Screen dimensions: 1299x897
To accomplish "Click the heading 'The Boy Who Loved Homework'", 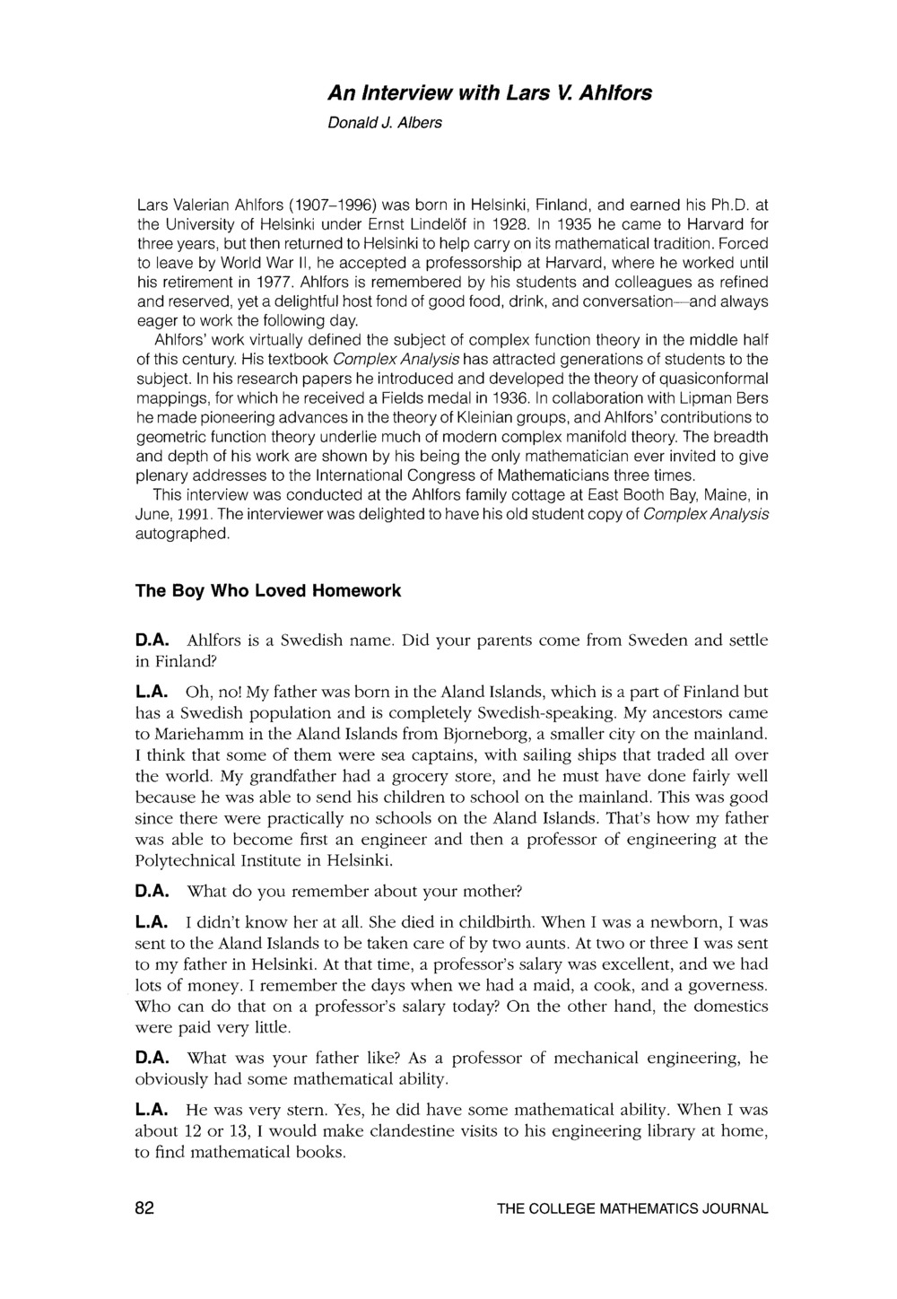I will tap(267, 591).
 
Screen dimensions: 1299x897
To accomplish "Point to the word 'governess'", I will tap(728, 985).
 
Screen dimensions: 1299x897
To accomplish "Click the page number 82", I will tap(144, 1208).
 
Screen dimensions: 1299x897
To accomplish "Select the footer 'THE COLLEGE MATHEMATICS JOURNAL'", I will tap(632, 1209).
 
